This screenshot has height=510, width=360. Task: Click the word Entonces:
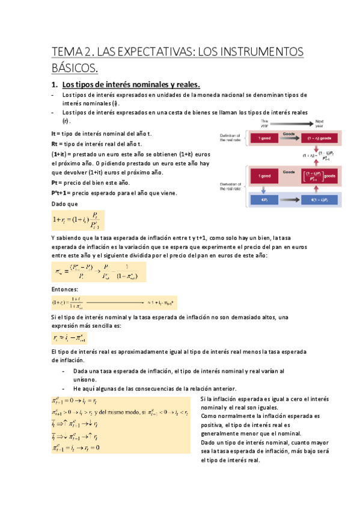click(66, 290)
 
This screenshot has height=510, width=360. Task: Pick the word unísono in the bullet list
click(84, 379)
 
